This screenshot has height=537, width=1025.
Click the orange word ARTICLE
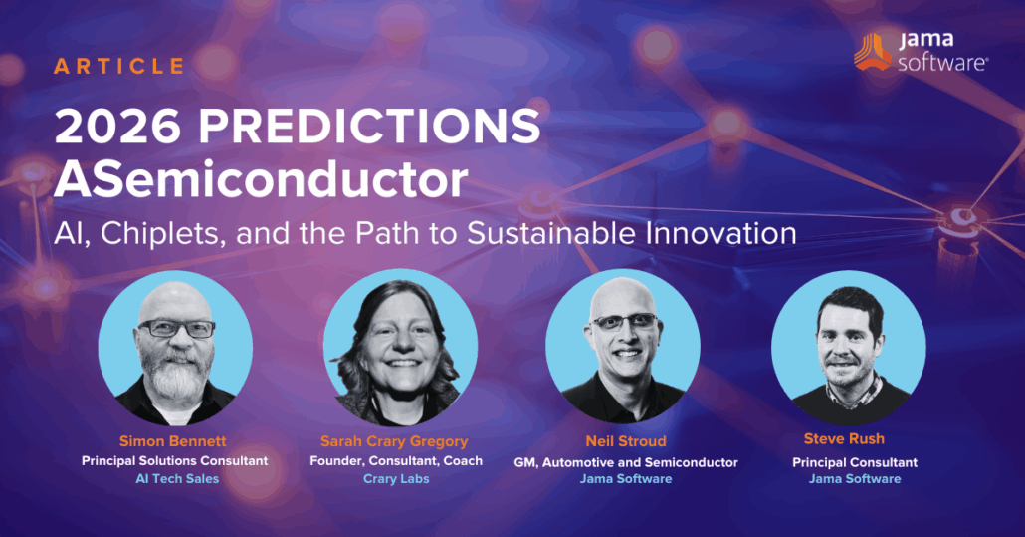[119, 67]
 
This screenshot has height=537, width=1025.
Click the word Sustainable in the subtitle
[550, 233]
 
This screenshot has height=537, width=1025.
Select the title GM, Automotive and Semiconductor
[625, 461]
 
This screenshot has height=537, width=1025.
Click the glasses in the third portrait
[623, 322]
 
